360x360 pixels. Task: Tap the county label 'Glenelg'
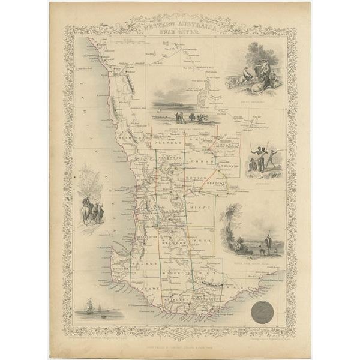point(166,144)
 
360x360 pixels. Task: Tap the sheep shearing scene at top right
point(258,72)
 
